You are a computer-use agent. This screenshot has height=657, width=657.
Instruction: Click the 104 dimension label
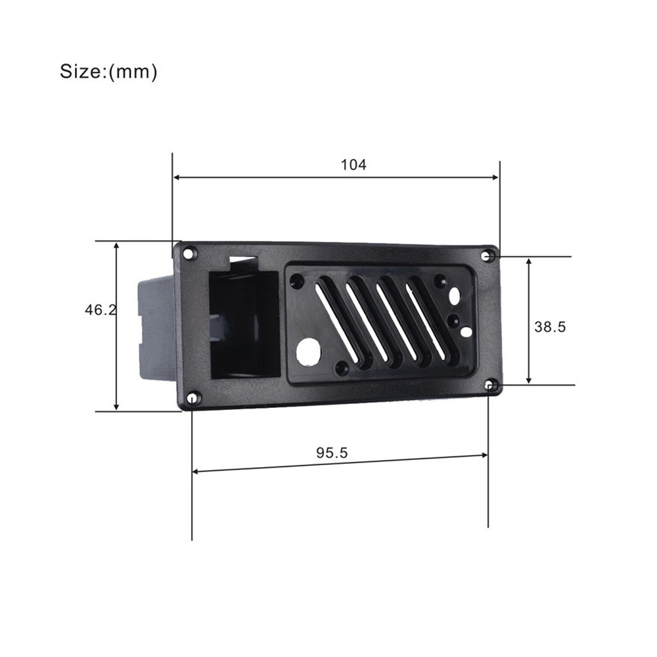(x=353, y=165)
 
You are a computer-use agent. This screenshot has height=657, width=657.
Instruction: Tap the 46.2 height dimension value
(x=101, y=310)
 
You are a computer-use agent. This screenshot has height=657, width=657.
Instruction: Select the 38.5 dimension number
(x=550, y=327)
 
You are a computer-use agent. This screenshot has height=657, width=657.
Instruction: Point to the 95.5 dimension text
(x=332, y=453)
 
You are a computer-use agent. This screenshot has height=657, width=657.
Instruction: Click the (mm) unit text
(x=133, y=72)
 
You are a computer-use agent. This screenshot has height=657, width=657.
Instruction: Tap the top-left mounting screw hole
(x=189, y=254)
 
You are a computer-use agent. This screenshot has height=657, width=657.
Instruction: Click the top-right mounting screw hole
(x=487, y=256)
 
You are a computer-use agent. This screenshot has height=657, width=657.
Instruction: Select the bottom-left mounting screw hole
(x=193, y=397)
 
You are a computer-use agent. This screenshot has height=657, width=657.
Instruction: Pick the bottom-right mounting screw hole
(x=490, y=384)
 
